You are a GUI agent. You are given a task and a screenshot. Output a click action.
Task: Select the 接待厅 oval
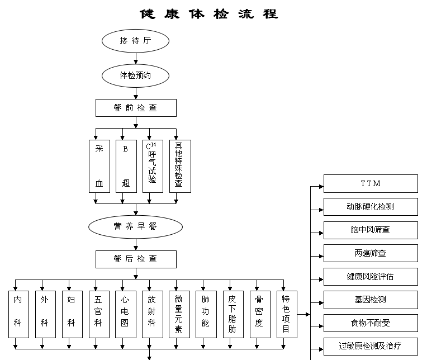[135, 41]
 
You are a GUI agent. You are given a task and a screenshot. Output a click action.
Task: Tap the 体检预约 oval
[135, 75]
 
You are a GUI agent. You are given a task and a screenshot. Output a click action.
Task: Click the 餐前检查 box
[135, 108]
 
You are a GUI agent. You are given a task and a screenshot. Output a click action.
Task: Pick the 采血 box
[99, 166]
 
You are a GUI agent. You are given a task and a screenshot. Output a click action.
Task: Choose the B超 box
[126, 166]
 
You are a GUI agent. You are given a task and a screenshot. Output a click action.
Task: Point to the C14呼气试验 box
[153, 166]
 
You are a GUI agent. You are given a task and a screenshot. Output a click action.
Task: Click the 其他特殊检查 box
[179, 166]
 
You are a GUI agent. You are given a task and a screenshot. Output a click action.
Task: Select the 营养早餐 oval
[135, 226]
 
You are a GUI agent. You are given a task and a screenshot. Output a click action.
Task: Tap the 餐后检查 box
[135, 259]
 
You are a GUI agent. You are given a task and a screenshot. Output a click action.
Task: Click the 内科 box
[18, 314]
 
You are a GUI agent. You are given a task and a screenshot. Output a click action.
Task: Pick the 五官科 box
[99, 314]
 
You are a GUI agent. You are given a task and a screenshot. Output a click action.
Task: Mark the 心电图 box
[126, 314]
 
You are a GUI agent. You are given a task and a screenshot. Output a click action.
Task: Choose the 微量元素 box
[179, 314]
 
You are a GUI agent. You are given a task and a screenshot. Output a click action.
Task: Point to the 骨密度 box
[260, 314]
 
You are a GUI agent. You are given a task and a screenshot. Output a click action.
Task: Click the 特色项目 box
[287, 314]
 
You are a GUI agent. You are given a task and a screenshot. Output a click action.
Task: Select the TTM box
[370, 183]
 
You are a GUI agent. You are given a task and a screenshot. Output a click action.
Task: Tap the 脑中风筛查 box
[370, 230]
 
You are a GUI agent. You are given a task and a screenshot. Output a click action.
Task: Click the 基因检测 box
[370, 300]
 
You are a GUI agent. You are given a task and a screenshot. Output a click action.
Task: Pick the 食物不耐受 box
[370, 323]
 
